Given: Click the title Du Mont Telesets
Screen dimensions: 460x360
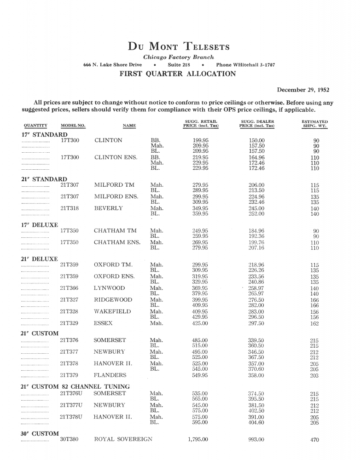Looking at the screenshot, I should click(179, 46).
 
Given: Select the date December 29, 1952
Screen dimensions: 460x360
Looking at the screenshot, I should click(303, 90).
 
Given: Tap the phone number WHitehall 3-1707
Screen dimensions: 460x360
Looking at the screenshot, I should click(245, 65).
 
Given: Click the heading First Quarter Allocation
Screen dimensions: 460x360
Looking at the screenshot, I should click(178, 74).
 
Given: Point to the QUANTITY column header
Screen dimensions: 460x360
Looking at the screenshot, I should click(35, 126).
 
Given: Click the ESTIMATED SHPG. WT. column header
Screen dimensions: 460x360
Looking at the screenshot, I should click(314, 124).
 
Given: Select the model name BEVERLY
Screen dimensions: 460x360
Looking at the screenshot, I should click(108, 208).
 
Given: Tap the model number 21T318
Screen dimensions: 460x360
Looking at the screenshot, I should click(70, 208).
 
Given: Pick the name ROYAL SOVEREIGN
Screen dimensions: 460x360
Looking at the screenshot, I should click(123, 439).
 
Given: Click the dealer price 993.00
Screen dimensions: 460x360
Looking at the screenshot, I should click(256, 439).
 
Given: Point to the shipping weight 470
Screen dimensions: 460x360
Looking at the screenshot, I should click(314, 440).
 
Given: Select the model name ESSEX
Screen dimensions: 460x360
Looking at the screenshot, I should click(103, 323).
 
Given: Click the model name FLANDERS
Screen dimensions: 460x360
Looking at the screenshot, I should click(110, 375).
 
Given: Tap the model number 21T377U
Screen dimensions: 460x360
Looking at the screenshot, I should click(71, 405).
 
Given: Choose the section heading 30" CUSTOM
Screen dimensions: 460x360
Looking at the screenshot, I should click(40, 433).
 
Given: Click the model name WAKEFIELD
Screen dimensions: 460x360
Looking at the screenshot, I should click(112, 311).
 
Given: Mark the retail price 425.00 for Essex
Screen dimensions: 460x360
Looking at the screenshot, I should click(200, 323).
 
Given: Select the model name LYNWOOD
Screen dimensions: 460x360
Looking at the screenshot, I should click(109, 288).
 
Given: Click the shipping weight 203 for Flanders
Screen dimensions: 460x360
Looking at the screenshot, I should click(314, 375).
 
